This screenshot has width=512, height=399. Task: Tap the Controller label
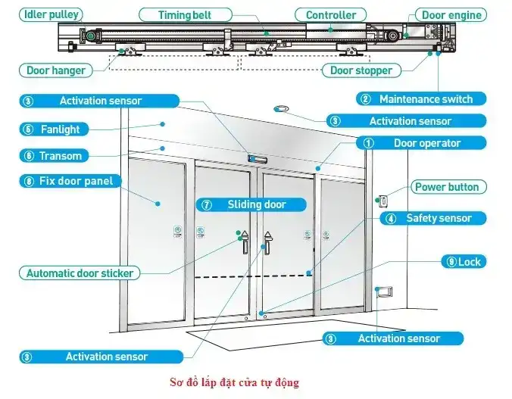pos(330,14)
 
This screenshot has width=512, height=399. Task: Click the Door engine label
pos(450,14)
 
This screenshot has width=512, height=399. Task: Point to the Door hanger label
pos(56,70)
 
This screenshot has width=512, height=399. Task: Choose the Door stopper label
pos(361,70)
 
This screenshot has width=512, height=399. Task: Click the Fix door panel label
pos(67,181)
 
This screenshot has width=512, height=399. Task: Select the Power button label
pos(447,187)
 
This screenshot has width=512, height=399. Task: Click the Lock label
pos(464,262)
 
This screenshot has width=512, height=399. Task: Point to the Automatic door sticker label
pos(80,273)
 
